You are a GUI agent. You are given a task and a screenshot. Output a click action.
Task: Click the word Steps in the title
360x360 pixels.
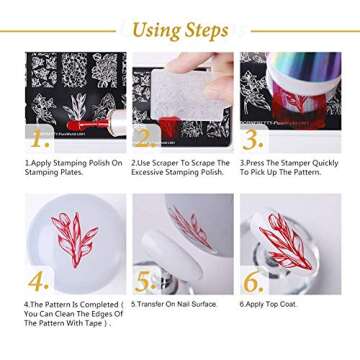[206, 30]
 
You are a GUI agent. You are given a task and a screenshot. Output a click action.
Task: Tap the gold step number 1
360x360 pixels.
[37, 137]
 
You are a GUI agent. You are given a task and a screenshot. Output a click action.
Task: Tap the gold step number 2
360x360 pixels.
[144, 138]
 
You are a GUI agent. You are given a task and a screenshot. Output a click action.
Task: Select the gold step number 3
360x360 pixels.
[252, 137]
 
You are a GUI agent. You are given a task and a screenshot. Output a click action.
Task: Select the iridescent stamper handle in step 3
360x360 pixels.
[300, 80]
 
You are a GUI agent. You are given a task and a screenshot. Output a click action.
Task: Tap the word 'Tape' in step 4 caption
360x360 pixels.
[87, 323]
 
